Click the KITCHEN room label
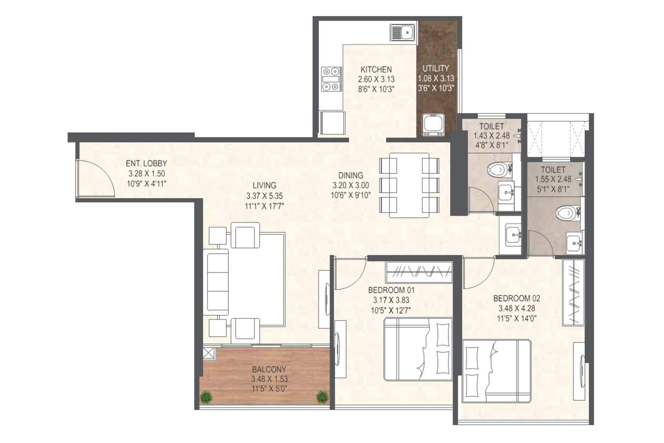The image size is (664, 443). click(x=376, y=69)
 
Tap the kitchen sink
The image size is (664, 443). click(x=402, y=32)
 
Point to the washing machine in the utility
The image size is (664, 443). click(x=433, y=125)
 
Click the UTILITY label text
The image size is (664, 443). click(x=435, y=69)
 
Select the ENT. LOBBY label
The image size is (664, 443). click(x=146, y=164)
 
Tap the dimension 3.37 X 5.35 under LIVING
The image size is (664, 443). click(x=264, y=196)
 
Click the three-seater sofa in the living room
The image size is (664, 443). click(x=216, y=281)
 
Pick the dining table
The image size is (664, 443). click(x=409, y=185)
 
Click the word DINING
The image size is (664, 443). click(x=351, y=175)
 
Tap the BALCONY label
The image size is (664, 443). click(x=269, y=370)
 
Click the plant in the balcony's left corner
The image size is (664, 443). click(x=206, y=397)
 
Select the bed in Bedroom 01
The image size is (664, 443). click(x=418, y=349)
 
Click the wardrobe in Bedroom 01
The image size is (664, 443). click(x=419, y=272)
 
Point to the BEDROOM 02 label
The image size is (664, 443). click(x=517, y=298)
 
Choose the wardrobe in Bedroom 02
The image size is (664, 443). click(x=573, y=292)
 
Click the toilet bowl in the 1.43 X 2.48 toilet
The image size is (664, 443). click(x=498, y=170)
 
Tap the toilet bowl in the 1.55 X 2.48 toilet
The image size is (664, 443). click(x=567, y=213)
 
